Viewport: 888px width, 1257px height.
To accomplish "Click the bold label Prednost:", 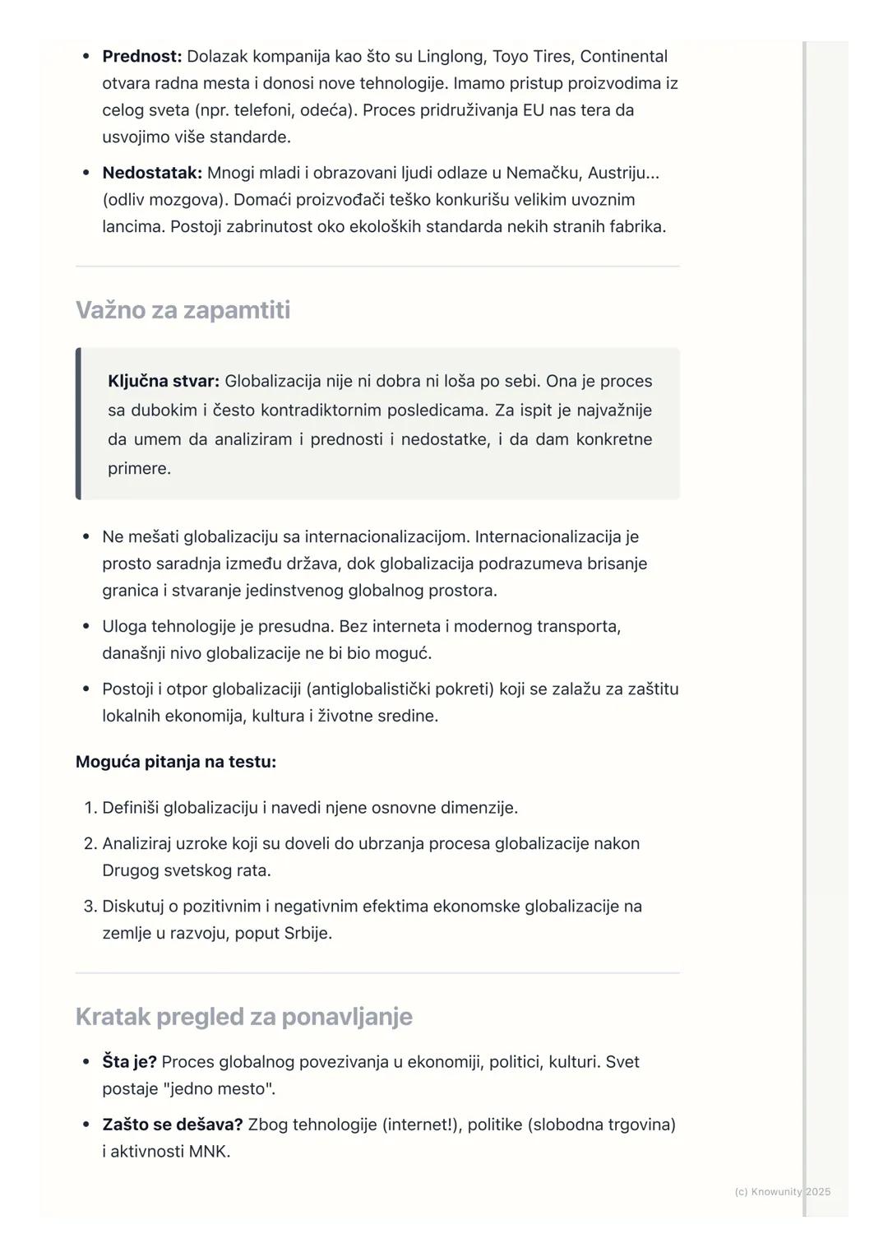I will [141, 57].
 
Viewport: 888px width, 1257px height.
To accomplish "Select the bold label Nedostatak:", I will [151, 173].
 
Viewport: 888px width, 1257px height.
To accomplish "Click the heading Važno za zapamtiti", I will [183, 310].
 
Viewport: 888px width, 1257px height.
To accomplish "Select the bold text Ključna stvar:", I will [163, 382].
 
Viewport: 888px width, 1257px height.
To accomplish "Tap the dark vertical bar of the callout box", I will [78, 424].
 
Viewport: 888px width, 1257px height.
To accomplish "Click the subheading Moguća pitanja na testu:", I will [175, 762].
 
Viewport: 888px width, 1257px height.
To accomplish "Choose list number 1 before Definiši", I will [90, 808].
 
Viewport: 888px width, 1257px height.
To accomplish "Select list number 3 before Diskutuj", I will [90, 907].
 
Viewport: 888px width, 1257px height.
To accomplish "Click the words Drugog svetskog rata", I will [186, 870].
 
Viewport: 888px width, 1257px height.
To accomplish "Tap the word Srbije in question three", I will [306, 934].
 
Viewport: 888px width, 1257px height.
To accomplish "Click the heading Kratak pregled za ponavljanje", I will [243, 1017].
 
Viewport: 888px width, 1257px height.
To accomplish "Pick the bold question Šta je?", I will [129, 1062].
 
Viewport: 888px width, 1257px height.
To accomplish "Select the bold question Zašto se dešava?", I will [172, 1125].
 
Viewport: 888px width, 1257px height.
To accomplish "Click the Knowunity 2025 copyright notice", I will [782, 1191].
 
